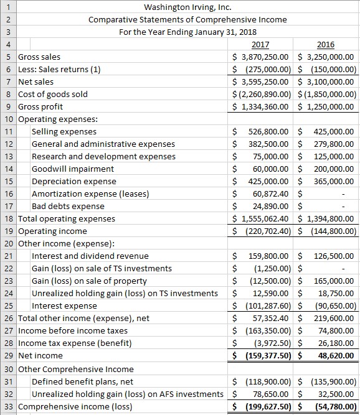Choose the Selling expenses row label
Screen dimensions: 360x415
coord(64,131)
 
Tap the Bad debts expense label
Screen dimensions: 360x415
coord(68,206)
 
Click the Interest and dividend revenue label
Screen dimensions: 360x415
coord(90,256)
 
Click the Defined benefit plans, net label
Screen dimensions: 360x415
coord(82,381)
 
